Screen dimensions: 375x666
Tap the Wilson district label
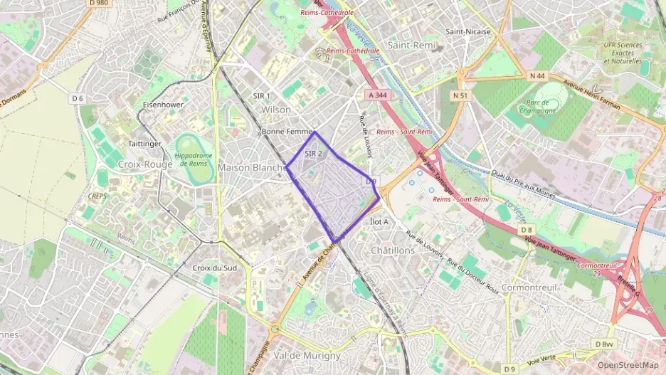tap(276, 110)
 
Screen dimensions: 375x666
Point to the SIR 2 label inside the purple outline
tap(314, 153)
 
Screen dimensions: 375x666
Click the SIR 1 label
tap(262, 95)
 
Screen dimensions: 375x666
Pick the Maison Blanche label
tap(252, 167)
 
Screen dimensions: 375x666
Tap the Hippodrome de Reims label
tap(194, 159)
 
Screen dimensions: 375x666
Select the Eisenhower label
tap(164, 104)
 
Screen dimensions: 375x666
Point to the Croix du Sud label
tap(215, 268)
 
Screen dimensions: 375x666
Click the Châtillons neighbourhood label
tap(392, 250)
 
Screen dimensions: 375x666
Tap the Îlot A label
tap(381, 221)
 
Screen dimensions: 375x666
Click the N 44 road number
tap(537, 75)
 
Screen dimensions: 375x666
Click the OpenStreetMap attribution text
tap(628, 365)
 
